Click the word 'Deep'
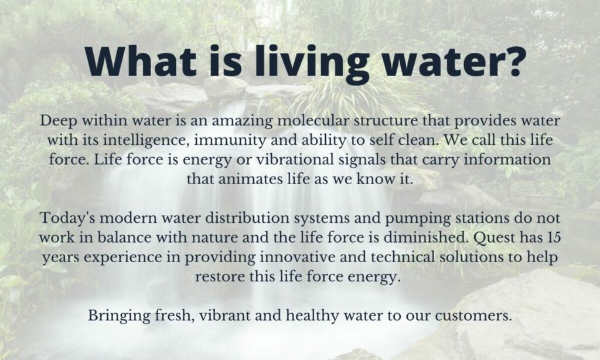coord(57,121)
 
